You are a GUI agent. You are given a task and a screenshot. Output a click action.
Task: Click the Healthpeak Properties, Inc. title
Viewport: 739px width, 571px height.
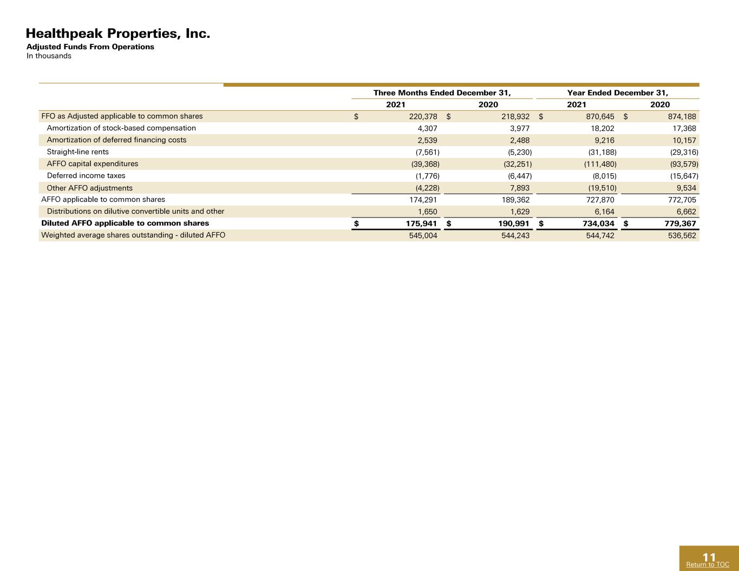(118, 34)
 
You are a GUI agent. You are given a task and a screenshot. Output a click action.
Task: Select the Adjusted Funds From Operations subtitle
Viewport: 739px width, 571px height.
(90, 47)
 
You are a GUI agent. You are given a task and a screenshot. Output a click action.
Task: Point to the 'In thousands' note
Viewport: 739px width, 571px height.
(49, 56)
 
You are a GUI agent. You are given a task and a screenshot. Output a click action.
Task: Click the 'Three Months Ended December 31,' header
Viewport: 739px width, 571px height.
(442, 93)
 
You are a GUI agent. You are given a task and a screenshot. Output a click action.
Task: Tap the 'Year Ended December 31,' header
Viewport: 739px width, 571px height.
(618, 93)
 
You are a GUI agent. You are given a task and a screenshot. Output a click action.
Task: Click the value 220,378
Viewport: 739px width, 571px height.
(423, 116)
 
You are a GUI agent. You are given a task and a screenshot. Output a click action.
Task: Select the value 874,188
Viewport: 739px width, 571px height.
(682, 116)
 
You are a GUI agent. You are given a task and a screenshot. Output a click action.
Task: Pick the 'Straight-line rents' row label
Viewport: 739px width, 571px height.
(78, 152)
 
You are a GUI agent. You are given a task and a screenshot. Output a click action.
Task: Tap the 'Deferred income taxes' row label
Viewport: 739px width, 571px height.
(86, 176)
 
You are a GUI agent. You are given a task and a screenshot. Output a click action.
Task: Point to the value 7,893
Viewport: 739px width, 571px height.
(520, 188)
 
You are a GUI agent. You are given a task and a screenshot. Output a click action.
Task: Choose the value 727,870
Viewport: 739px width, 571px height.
(600, 200)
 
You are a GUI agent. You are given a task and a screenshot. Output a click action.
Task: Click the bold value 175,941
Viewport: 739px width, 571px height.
(421, 224)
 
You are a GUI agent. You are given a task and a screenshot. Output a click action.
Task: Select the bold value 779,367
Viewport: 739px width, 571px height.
(680, 224)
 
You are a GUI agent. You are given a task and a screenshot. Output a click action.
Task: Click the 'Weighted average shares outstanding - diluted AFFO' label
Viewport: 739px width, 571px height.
(133, 235)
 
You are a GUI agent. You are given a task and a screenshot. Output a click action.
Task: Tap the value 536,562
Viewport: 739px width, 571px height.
(682, 235)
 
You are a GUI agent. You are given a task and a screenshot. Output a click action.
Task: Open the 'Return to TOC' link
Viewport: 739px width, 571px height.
(708, 565)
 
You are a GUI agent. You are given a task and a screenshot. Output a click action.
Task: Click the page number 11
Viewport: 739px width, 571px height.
(709, 557)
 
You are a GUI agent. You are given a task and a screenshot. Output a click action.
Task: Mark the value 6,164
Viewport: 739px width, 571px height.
(604, 212)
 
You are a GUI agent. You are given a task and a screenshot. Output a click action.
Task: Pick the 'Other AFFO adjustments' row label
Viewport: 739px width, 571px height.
(90, 188)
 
